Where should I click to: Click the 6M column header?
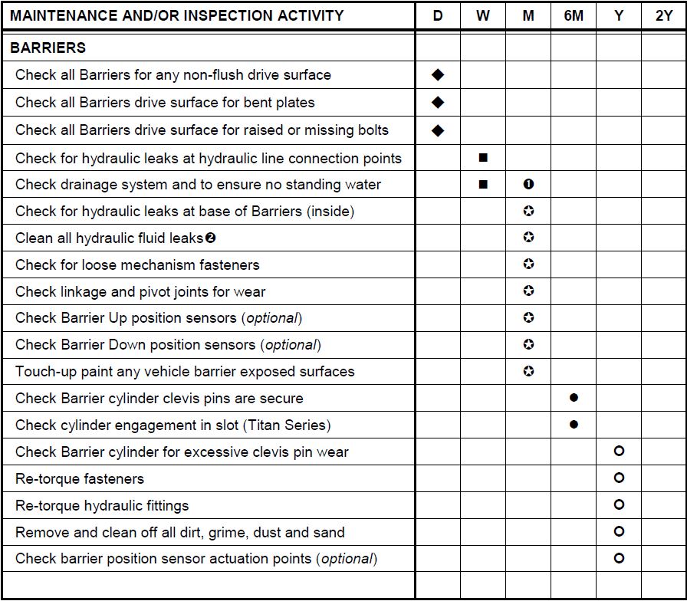point(574,15)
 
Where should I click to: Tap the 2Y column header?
point(664,15)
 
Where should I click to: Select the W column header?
point(483,15)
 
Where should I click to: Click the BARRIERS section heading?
point(48,48)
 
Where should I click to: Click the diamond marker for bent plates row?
point(438,102)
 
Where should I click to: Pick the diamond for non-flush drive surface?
point(438,74)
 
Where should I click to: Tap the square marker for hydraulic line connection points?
point(483,158)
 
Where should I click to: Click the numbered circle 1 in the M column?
point(528,184)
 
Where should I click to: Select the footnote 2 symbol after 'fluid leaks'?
point(211,238)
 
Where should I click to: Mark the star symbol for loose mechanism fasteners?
point(528,264)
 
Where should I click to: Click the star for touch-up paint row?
point(528,371)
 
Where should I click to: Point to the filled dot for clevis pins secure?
point(574,398)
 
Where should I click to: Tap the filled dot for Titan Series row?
point(574,425)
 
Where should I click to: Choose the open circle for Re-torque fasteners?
point(619,478)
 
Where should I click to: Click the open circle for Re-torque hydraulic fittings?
point(619,505)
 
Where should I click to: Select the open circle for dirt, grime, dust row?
point(619,531)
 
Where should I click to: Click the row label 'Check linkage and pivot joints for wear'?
point(140,291)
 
